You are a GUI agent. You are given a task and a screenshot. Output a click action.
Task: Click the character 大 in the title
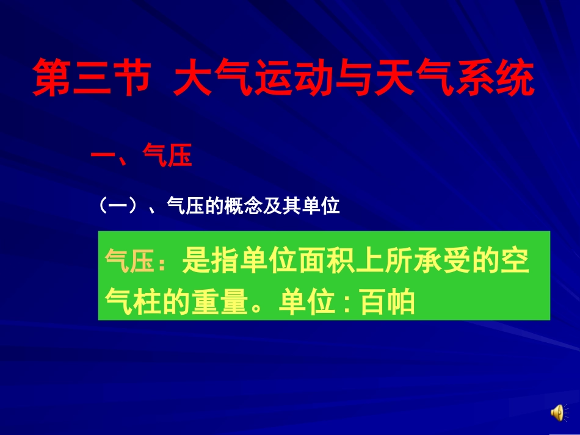coord(192,79)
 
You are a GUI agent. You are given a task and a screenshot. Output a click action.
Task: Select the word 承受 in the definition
coord(454,263)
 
